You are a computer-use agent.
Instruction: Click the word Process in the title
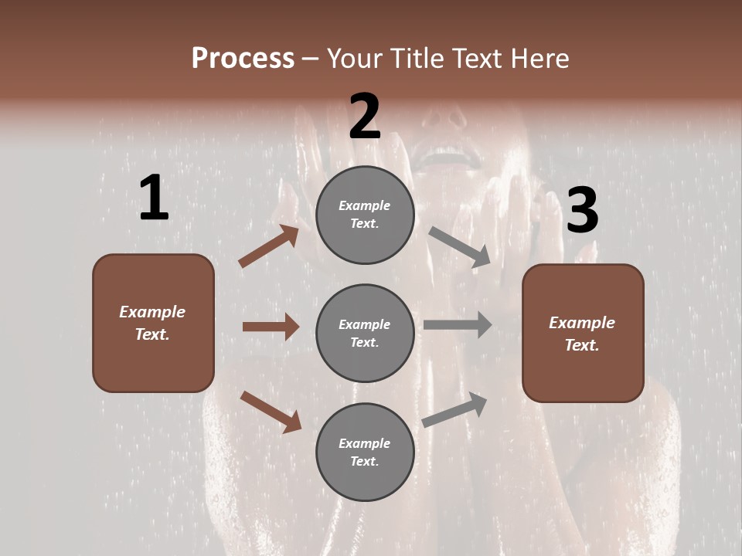pyautogui.click(x=243, y=59)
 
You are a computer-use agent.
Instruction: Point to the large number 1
pyautogui.click(x=154, y=199)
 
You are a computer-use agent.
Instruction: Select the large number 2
pyautogui.click(x=365, y=117)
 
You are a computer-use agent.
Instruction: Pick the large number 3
pyautogui.click(x=582, y=211)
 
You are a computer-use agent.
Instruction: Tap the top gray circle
pyautogui.click(x=365, y=215)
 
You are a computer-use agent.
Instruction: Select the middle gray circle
pyautogui.click(x=365, y=334)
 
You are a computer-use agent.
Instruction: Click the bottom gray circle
pyautogui.click(x=365, y=453)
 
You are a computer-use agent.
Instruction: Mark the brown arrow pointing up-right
pyautogui.click(x=269, y=246)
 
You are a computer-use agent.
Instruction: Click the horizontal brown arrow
pyautogui.click(x=271, y=327)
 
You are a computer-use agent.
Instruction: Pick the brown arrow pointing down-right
pyautogui.click(x=271, y=412)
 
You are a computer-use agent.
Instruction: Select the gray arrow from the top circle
pyautogui.click(x=460, y=247)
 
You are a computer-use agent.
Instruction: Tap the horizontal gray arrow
pyautogui.click(x=458, y=325)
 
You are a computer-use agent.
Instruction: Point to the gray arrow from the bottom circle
pyautogui.click(x=454, y=410)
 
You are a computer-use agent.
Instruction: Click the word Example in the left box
pyautogui.click(x=152, y=312)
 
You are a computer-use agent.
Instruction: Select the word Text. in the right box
pyautogui.click(x=582, y=345)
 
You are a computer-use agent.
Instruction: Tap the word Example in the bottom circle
pyautogui.click(x=365, y=443)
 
